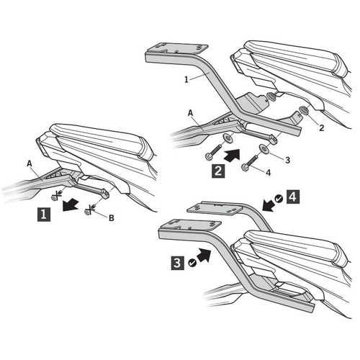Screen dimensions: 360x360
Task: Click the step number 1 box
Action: click(44, 215)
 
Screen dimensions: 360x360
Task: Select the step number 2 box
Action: click(218, 171)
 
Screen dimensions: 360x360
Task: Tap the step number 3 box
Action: click(178, 263)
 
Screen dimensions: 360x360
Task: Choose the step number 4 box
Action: click(293, 197)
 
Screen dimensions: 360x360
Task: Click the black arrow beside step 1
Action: click(70, 204)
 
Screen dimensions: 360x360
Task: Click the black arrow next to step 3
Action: click(204, 255)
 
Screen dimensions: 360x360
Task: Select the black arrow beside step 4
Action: click(269, 204)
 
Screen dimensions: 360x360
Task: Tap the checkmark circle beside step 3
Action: click(192, 263)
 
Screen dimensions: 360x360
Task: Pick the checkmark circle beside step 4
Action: click(279, 199)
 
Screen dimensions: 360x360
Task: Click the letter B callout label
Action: click(112, 218)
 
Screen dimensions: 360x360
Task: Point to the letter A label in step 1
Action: click(30, 164)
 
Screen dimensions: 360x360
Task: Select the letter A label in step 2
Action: click(190, 113)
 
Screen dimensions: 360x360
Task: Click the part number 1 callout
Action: click(186, 79)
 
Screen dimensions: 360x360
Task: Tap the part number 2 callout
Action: click(322, 128)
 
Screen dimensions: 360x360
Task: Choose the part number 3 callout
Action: click(287, 160)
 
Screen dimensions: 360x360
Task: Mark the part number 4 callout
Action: click(269, 172)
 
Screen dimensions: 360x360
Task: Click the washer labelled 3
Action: click(264, 148)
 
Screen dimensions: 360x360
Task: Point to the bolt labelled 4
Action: click(250, 163)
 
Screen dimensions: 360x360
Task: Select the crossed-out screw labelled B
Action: click(90, 210)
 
